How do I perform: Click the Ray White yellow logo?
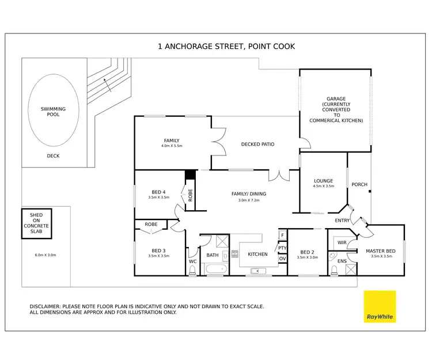pyautogui.click(x=380, y=307)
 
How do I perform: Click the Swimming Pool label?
pyautogui.click(x=53, y=111)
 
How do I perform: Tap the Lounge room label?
pyautogui.click(x=324, y=181)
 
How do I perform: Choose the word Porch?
pyautogui.click(x=359, y=185)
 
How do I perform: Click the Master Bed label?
pyautogui.click(x=380, y=251)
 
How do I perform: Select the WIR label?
pyautogui.click(x=342, y=242)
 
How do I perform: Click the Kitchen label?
pyautogui.click(x=257, y=254)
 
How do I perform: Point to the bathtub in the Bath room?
pyautogui.click(x=214, y=269)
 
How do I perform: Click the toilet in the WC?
pyautogui.click(x=192, y=270)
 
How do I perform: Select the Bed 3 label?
pyautogui.click(x=158, y=250)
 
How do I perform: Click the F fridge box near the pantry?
pyautogui.click(x=282, y=236)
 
